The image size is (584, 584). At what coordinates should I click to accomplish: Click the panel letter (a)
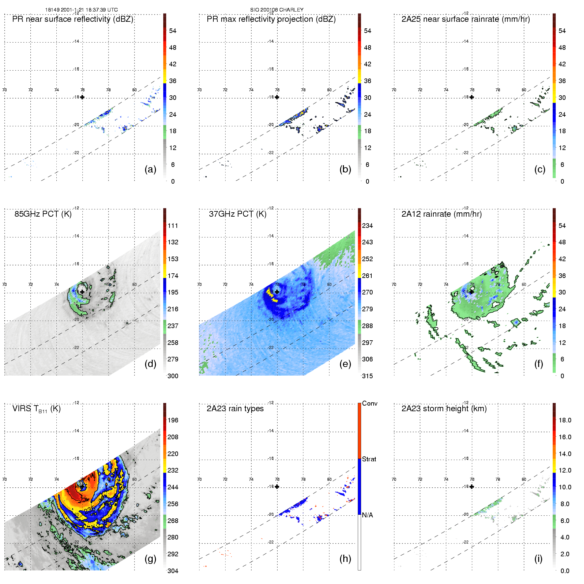(150, 169)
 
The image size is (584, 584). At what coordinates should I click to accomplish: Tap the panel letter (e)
(345, 364)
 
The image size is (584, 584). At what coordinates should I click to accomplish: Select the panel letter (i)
(538, 559)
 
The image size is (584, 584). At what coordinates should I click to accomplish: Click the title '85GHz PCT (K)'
(43, 214)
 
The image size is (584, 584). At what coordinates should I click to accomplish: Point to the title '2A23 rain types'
(235, 409)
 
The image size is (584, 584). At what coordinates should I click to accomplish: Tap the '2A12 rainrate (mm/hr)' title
(442, 214)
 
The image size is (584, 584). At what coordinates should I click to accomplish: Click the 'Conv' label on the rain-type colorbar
(370, 403)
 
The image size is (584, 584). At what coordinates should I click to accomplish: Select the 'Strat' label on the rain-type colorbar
(369, 459)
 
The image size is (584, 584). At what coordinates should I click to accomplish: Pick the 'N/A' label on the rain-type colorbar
(367, 515)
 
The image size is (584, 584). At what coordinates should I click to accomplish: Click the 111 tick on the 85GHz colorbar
(173, 226)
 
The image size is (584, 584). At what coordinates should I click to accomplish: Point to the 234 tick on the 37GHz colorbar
(367, 226)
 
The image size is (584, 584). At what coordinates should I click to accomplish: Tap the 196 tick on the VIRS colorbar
(173, 420)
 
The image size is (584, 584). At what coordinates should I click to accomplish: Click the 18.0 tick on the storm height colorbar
(565, 420)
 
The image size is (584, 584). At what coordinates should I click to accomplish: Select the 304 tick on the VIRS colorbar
(173, 571)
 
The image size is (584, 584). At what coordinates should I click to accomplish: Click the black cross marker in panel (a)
(82, 97)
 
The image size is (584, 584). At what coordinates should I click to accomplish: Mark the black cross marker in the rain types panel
(277, 486)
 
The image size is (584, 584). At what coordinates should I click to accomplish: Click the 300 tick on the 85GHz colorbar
(173, 376)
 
